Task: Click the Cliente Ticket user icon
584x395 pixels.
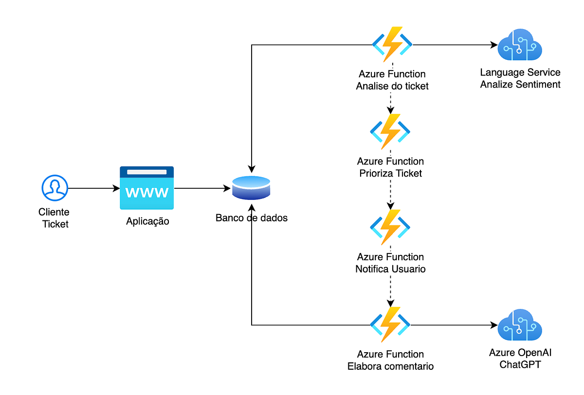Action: (55, 188)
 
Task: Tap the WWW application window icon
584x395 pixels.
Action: (147, 188)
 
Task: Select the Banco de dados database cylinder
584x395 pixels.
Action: (251, 188)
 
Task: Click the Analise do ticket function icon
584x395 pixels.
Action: (392, 44)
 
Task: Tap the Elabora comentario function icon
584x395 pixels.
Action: (390, 324)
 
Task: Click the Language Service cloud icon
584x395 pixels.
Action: (520, 45)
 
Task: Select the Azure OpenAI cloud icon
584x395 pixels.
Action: (520, 325)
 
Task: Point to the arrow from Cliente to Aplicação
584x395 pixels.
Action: (94, 188)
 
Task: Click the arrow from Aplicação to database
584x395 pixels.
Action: (202, 188)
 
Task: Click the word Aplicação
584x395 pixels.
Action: (147, 221)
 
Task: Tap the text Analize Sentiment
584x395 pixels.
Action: (520, 85)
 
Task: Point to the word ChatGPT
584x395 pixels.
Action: (520, 364)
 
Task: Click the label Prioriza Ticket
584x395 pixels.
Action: (390, 173)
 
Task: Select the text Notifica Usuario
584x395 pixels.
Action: (390, 269)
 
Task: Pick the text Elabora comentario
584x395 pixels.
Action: (390, 366)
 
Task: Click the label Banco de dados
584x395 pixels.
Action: (252, 218)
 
